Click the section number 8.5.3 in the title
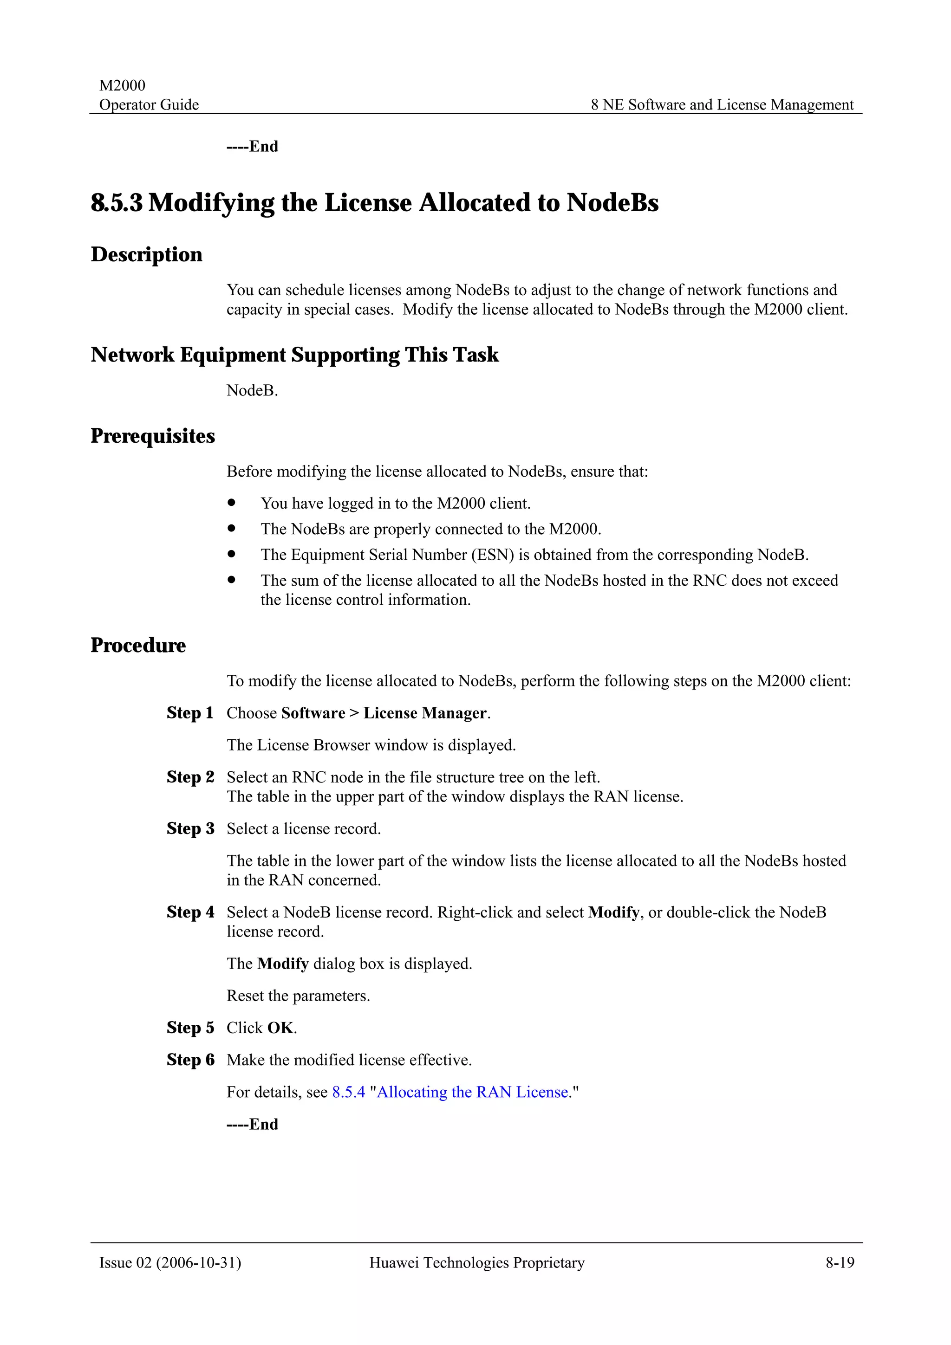coord(117,203)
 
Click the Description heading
coord(146,255)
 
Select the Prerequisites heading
coord(152,436)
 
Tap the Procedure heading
coord(138,646)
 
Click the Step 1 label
coord(190,713)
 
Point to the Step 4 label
coord(190,912)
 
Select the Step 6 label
coord(190,1060)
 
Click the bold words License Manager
coord(425,713)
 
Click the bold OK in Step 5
coord(280,1028)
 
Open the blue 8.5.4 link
coord(348,1092)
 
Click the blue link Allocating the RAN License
coord(472,1092)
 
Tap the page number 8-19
coord(840,1262)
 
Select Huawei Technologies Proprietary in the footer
coord(476,1262)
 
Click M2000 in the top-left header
coord(122,85)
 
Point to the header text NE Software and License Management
coord(728,105)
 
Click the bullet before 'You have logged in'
coord(231,503)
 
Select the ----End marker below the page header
coord(252,147)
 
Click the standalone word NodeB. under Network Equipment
coord(252,391)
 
